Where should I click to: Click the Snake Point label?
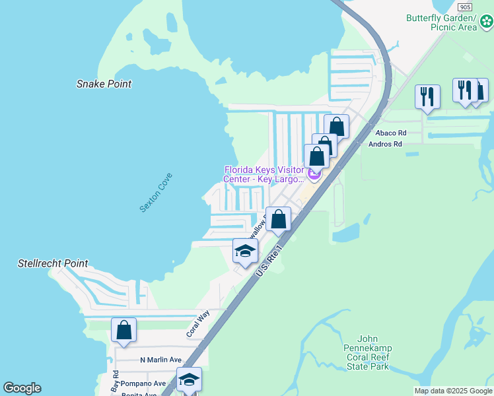pos(104,84)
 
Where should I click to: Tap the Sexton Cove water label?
pos(156,192)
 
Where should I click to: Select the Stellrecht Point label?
pos(53,263)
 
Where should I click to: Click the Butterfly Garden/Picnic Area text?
pos(441,22)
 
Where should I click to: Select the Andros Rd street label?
pos(385,144)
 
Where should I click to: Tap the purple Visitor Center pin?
pos(314,174)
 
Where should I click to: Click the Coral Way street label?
pos(198,323)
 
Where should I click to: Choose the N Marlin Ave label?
pos(160,360)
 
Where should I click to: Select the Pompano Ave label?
pos(146,383)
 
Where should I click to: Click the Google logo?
pos(22,388)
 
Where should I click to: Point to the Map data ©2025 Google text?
pos(453,391)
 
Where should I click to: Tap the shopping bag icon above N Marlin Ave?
pos(123,330)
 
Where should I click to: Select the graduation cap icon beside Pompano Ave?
pos(189,379)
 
